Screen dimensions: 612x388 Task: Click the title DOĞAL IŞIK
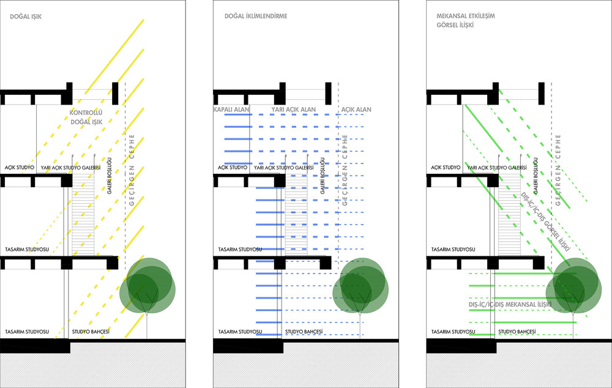pyautogui.click(x=26, y=17)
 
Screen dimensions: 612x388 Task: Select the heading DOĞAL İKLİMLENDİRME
pyautogui.click(x=256, y=16)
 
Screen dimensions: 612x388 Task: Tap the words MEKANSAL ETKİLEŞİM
pyautogui.click(x=466, y=16)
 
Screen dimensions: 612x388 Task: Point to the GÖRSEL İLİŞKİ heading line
pyautogui.click(x=455, y=25)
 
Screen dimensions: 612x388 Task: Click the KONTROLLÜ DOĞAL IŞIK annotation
pyautogui.click(x=86, y=117)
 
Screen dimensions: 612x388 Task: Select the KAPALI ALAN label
pyautogui.click(x=231, y=110)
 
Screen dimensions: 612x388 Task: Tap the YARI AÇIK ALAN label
pyautogui.click(x=294, y=110)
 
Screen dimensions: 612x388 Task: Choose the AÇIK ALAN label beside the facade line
pyautogui.click(x=356, y=110)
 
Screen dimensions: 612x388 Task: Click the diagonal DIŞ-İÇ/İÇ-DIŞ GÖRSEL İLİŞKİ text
pyautogui.click(x=545, y=222)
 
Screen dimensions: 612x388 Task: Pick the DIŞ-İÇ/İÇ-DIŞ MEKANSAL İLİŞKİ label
pyautogui.click(x=510, y=304)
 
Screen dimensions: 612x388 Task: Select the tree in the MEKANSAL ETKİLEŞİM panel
pyautogui.click(x=573, y=287)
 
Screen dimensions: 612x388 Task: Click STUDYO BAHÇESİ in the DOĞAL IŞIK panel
pyautogui.click(x=91, y=332)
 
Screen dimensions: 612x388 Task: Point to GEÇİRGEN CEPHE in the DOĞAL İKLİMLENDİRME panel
pyautogui.click(x=345, y=170)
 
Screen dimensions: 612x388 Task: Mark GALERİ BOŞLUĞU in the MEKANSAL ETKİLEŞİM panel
pyautogui.click(x=536, y=176)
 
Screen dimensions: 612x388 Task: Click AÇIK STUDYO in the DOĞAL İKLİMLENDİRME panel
pyautogui.click(x=233, y=168)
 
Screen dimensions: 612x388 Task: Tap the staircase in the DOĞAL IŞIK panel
pyautogui.click(x=83, y=214)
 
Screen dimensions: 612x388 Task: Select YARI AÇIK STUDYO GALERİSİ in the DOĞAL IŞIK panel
pyautogui.click(x=70, y=168)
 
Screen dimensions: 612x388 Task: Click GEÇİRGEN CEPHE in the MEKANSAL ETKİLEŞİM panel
pyautogui.click(x=558, y=170)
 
